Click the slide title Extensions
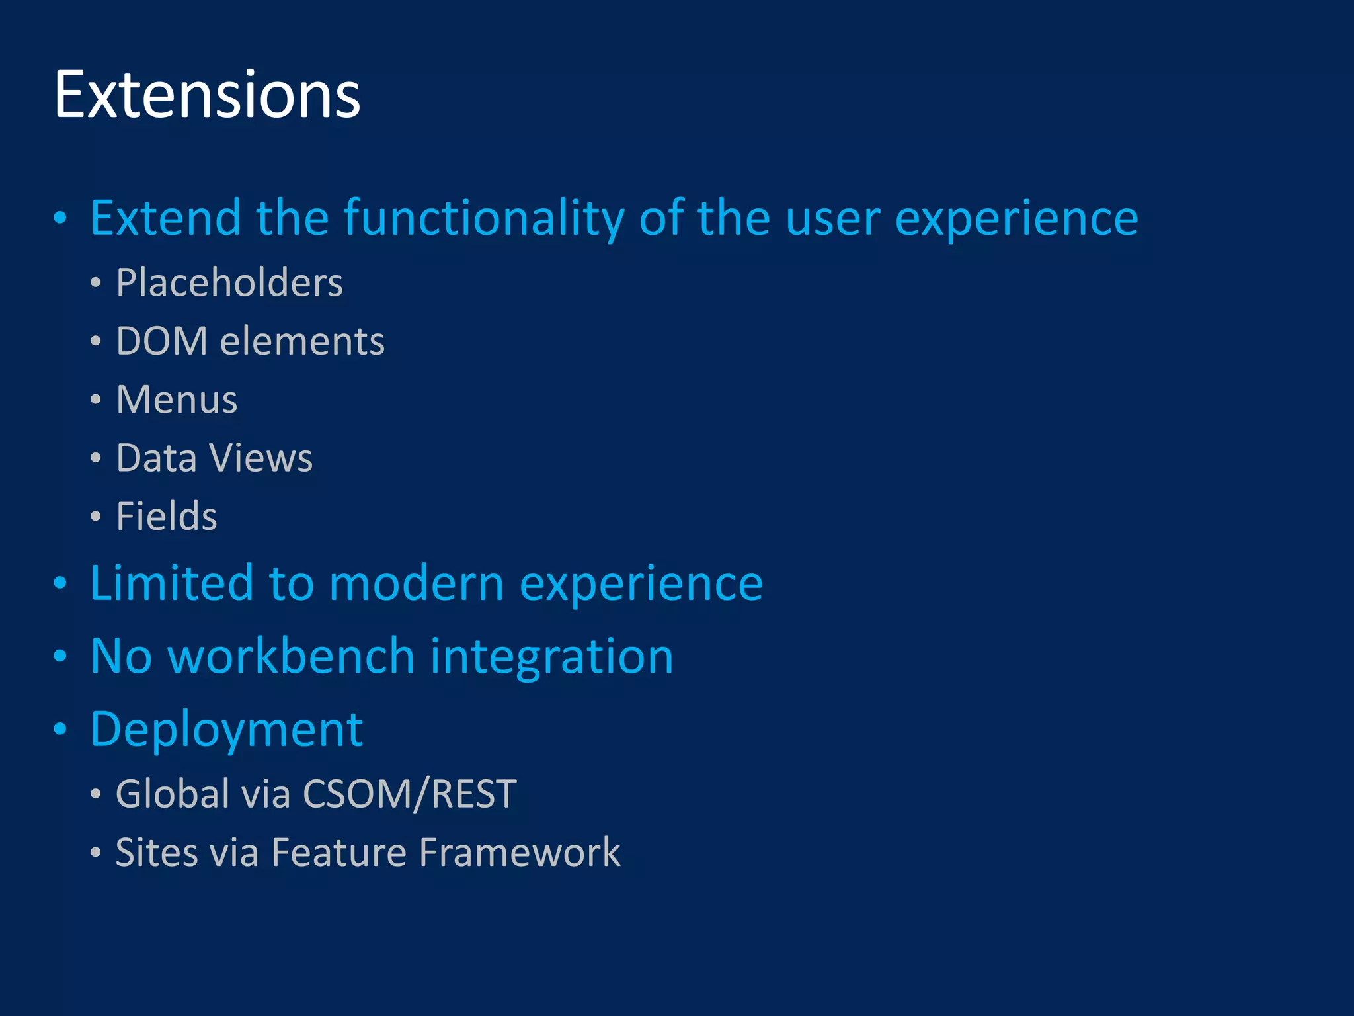[x=207, y=96]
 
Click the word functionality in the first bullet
[x=483, y=218]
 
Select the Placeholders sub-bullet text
[x=229, y=283]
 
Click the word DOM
[x=161, y=341]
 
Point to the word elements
[x=302, y=341]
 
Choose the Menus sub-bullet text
[x=177, y=400]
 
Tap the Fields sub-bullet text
[x=167, y=516]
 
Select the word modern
[x=417, y=583]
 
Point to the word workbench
[x=292, y=656]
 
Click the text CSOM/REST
[x=410, y=794]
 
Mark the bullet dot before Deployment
[x=60, y=730]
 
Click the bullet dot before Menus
[x=96, y=400]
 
